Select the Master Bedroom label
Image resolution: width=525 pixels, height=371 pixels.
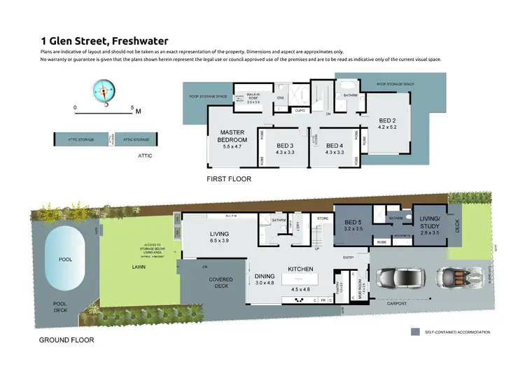pyautogui.click(x=231, y=136)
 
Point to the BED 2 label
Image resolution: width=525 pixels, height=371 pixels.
pyautogui.click(x=387, y=123)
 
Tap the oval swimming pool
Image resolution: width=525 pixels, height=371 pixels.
pyautogui.click(x=65, y=260)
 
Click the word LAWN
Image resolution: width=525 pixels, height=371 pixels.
pyautogui.click(x=139, y=267)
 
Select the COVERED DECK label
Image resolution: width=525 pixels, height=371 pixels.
pyautogui.click(x=220, y=283)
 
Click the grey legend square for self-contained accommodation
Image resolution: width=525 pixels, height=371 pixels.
pyautogui.click(x=414, y=332)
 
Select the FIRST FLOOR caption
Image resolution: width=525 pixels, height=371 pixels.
pyautogui.click(x=228, y=179)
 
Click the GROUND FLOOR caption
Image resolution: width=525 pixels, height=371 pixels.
pyautogui.click(x=66, y=340)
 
